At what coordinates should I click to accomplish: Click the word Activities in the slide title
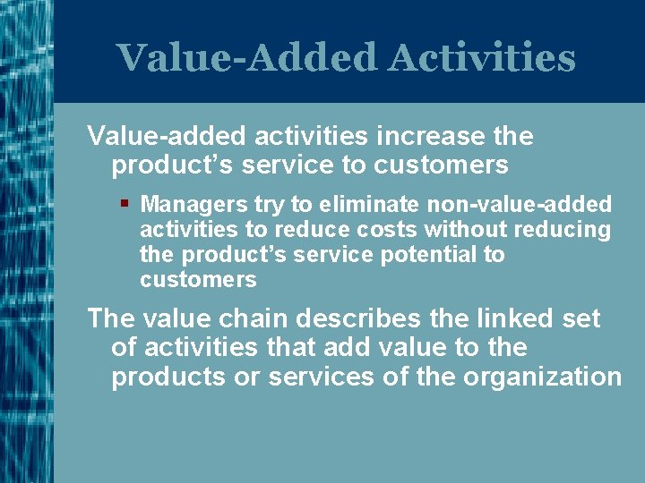pyautogui.click(x=482, y=58)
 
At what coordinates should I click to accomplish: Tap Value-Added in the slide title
pyautogui.click(x=247, y=58)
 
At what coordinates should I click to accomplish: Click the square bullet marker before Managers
pyautogui.click(x=125, y=203)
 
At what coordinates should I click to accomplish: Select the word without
pyautogui.click(x=465, y=230)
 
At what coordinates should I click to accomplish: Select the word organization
pyautogui.click(x=542, y=377)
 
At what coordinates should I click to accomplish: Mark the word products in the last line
pyautogui.click(x=168, y=377)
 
